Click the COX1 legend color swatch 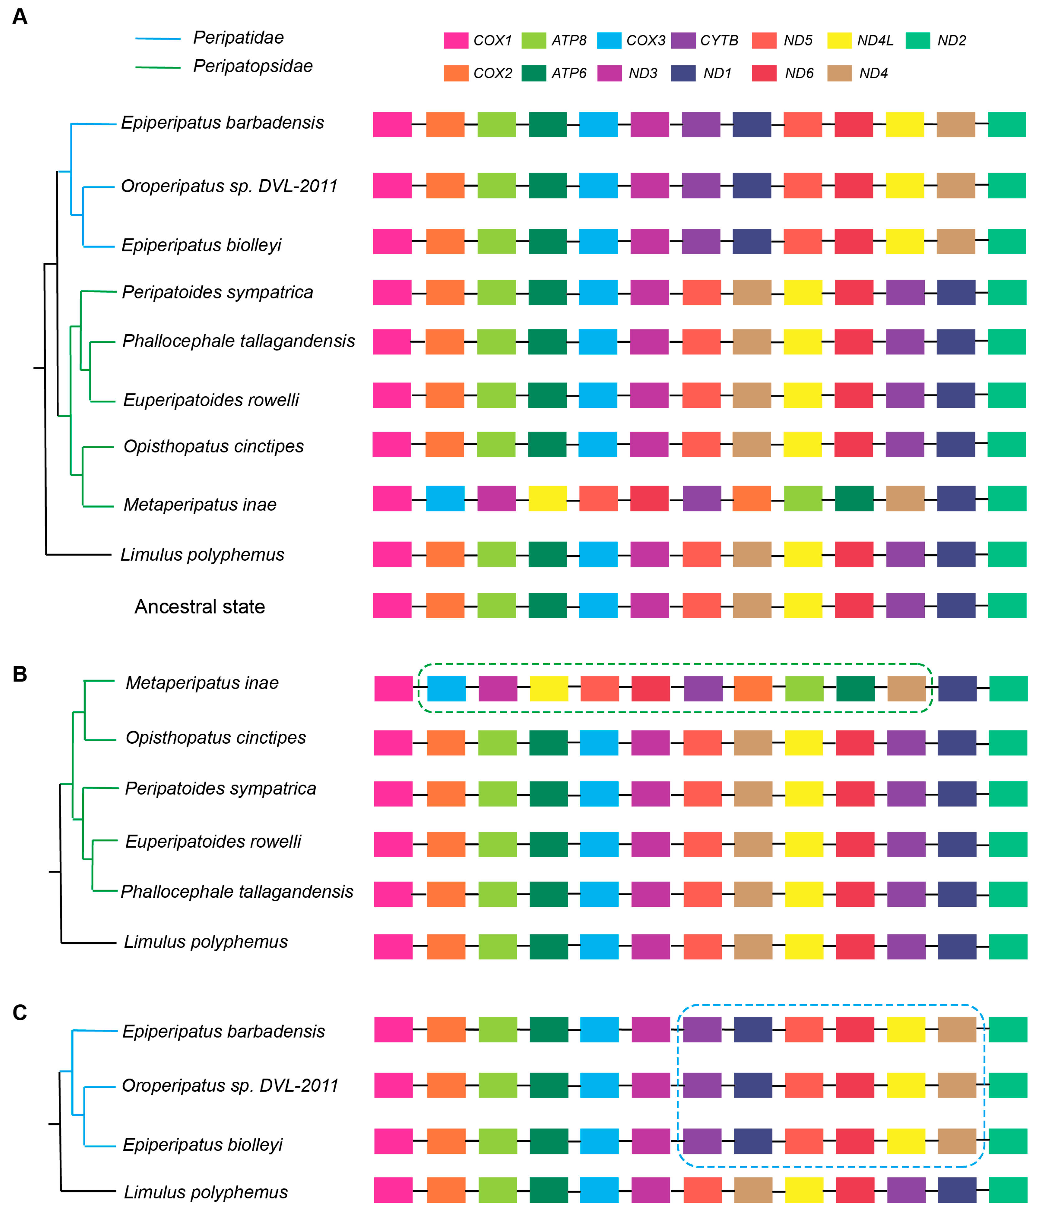click(x=456, y=40)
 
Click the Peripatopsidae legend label click(x=253, y=66)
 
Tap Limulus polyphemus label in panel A click(x=202, y=554)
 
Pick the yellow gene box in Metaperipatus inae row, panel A click(x=548, y=498)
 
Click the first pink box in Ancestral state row click(x=392, y=605)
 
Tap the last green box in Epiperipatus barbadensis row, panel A click(x=1007, y=125)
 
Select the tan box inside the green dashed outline click(x=906, y=688)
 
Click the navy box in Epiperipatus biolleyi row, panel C click(x=753, y=1141)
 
